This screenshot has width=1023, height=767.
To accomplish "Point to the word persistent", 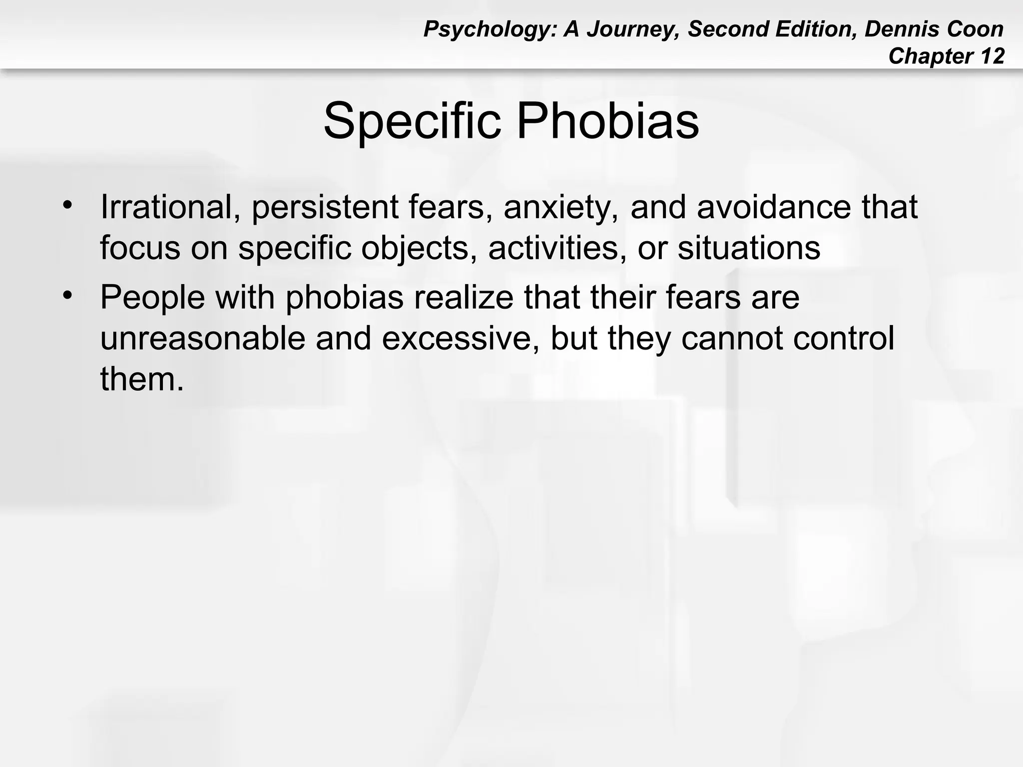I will coord(325,207).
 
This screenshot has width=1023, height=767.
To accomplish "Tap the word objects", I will coord(419,248).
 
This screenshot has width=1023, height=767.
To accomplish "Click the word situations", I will coord(749,248).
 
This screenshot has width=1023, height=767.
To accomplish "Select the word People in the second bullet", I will coord(152,298).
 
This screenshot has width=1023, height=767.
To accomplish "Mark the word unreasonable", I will coord(202,339).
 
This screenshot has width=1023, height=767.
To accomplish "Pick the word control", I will coord(844,339).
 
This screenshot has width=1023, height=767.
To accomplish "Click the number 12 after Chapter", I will coord(992,56).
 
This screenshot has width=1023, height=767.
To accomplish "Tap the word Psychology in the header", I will coord(490,29).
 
